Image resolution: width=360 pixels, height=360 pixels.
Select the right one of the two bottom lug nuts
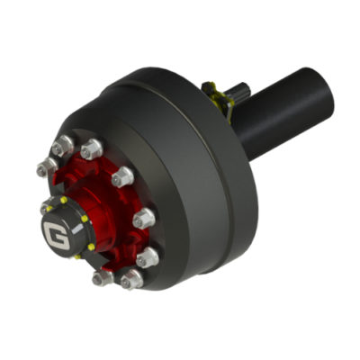point(132,280)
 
